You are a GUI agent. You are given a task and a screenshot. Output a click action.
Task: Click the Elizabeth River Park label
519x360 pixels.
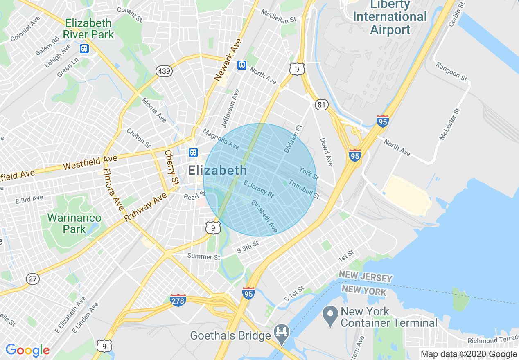(88, 28)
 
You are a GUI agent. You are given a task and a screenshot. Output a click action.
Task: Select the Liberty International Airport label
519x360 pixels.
(390, 17)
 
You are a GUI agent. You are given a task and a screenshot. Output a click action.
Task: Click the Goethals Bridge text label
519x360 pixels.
(230, 336)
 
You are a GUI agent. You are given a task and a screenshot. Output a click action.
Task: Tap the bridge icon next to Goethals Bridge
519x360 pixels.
(282, 331)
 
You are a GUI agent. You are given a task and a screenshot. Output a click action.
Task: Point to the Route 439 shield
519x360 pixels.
(164, 71)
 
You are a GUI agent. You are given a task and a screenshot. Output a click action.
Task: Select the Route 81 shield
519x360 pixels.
(322, 105)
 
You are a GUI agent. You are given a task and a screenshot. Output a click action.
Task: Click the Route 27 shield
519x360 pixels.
(33, 279)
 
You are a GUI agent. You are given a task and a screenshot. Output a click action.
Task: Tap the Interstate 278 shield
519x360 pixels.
(178, 300)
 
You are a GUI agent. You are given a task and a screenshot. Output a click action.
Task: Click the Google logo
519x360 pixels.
(27, 350)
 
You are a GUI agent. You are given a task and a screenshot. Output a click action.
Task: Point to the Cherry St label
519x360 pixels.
(172, 167)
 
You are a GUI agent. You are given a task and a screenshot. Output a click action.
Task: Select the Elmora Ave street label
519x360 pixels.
(113, 190)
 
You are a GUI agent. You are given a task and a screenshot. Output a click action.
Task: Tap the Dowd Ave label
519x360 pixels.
(326, 151)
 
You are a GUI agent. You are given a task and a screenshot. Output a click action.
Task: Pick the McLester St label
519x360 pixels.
(450, 124)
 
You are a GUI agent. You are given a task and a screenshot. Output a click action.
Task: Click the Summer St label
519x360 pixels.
(204, 256)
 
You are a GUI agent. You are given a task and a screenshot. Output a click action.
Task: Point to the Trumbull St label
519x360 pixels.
(304, 189)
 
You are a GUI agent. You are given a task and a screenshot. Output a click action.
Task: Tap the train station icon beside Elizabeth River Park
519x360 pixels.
(84, 49)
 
